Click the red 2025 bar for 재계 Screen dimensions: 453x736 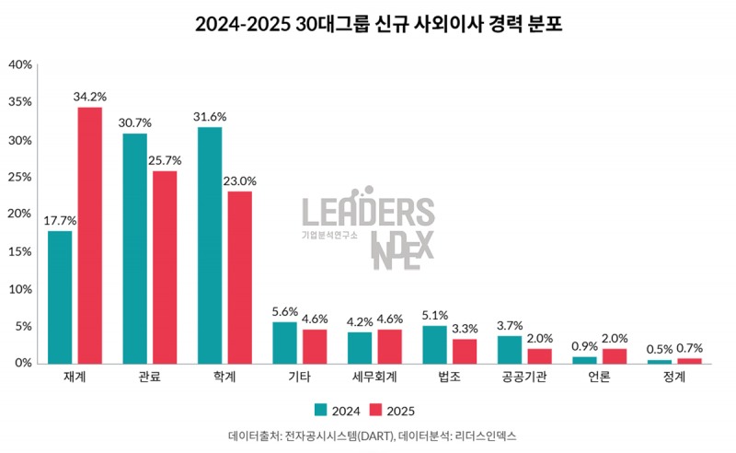89,236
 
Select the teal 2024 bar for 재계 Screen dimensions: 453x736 60,297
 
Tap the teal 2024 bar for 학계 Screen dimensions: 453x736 210,245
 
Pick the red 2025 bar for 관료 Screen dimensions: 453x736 165,267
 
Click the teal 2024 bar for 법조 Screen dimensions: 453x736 435,344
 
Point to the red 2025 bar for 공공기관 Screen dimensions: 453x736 539,355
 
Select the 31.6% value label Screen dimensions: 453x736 210,116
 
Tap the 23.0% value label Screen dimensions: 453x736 240,180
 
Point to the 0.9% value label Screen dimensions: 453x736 584,346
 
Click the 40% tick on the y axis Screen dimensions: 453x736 20,64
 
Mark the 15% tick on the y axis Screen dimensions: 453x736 20,251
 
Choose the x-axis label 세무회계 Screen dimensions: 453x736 374,377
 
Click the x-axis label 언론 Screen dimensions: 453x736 599,377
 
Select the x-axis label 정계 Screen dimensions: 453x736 674,377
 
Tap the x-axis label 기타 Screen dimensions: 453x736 299,377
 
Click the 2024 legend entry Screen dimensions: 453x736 338,410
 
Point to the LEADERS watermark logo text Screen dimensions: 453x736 368,212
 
